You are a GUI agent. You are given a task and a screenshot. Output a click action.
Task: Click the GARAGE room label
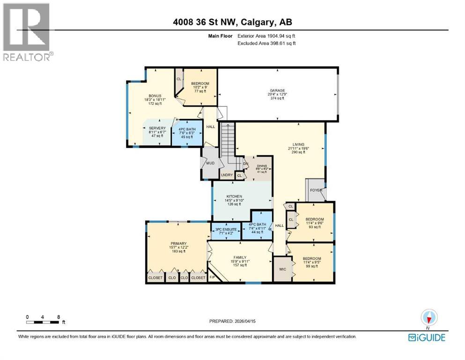tap(277, 90)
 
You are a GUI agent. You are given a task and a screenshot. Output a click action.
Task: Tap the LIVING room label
tap(296, 144)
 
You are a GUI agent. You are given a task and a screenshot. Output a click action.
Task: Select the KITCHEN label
tap(234, 196)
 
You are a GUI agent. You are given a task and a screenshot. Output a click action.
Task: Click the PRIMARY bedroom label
tap(177, 243)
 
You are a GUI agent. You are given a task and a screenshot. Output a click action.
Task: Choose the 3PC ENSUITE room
tap(226, 230)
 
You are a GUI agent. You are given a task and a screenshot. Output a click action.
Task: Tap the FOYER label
tap(315, 190)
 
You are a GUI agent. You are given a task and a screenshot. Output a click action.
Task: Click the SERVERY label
tap(157, 128)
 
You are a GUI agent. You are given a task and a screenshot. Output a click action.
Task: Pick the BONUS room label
tap(155, 96)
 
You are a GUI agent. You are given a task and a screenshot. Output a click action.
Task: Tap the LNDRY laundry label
tap(226, 175)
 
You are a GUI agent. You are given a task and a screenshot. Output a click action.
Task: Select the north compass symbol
tap(428, 318)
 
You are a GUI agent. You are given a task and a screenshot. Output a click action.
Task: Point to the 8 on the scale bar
tap(58, 317)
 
